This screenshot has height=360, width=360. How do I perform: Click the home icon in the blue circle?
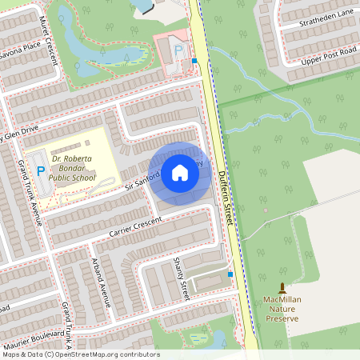180,173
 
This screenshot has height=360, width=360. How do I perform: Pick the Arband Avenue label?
99,280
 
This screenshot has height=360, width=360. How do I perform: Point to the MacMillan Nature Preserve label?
281,309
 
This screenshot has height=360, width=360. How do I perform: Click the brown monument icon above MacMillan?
281,288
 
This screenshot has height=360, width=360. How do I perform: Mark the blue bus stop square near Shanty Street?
230,274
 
